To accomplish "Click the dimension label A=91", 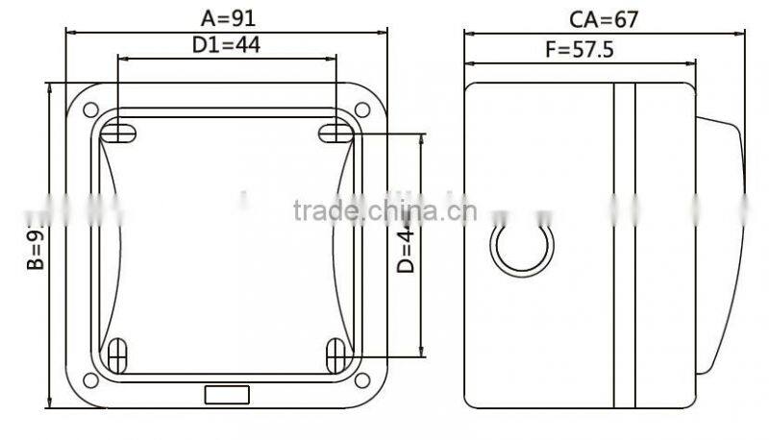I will [229, 16].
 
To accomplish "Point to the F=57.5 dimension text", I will [579, 50].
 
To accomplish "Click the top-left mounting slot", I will [116, 133].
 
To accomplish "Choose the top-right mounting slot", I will [335, 133].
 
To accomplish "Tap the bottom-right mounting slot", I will [335, 355].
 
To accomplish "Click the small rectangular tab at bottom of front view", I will [227, 394].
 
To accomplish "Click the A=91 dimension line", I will [227, 31].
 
